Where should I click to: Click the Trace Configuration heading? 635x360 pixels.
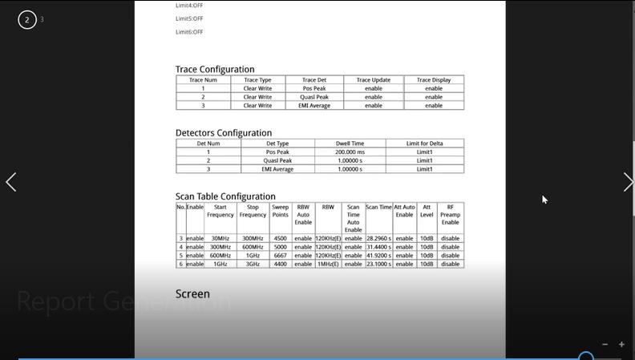point(215,70)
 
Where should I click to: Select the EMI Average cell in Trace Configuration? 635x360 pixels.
point(314,106)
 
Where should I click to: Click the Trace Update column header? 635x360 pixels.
point(374,80)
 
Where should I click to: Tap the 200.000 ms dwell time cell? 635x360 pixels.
point(350,152)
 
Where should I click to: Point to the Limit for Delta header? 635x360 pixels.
point(424,144)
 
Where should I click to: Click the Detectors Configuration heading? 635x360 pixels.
point(224,133)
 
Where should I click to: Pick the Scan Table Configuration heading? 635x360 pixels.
point(225,196)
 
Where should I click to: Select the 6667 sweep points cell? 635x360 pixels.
point(280,256)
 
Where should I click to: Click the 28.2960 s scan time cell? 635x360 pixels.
point(378,238)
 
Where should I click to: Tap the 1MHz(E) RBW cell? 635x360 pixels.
point(328,264)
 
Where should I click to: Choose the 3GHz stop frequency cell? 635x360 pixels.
point(253,264)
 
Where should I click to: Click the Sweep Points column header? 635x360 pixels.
point(280,211)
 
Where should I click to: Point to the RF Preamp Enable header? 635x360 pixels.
point(450,214)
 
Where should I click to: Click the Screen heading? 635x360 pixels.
point(192,294)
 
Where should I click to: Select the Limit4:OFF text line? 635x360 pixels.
point(189,6)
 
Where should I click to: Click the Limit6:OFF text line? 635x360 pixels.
point(189,32)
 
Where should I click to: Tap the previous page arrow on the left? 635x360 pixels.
point(11,182)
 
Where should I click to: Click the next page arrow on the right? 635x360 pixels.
point(627,182)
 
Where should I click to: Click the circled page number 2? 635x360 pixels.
point(27,19)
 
